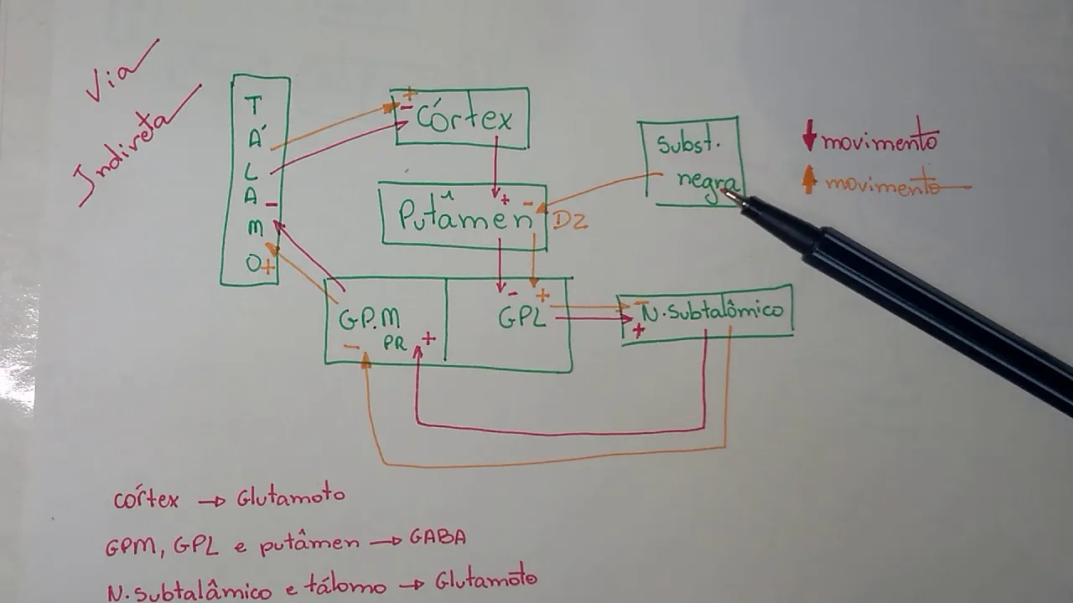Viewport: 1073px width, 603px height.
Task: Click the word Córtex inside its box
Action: pos(464,119)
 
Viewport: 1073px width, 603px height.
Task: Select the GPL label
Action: pos(522,317)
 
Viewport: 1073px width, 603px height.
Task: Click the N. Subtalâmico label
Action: pos(713,312)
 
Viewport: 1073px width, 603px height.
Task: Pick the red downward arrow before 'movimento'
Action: pos(809,136)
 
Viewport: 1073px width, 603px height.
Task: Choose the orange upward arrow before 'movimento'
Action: pos(809,179)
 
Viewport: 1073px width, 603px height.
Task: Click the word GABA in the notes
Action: pos(437,538)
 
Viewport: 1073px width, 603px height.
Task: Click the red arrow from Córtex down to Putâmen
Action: pos(495,167)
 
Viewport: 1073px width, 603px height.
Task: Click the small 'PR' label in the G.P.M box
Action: pos(395,343)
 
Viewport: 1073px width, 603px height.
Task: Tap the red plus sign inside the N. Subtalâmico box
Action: pos(639,331)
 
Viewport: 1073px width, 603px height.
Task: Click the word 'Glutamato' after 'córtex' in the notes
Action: pos(290,497)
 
